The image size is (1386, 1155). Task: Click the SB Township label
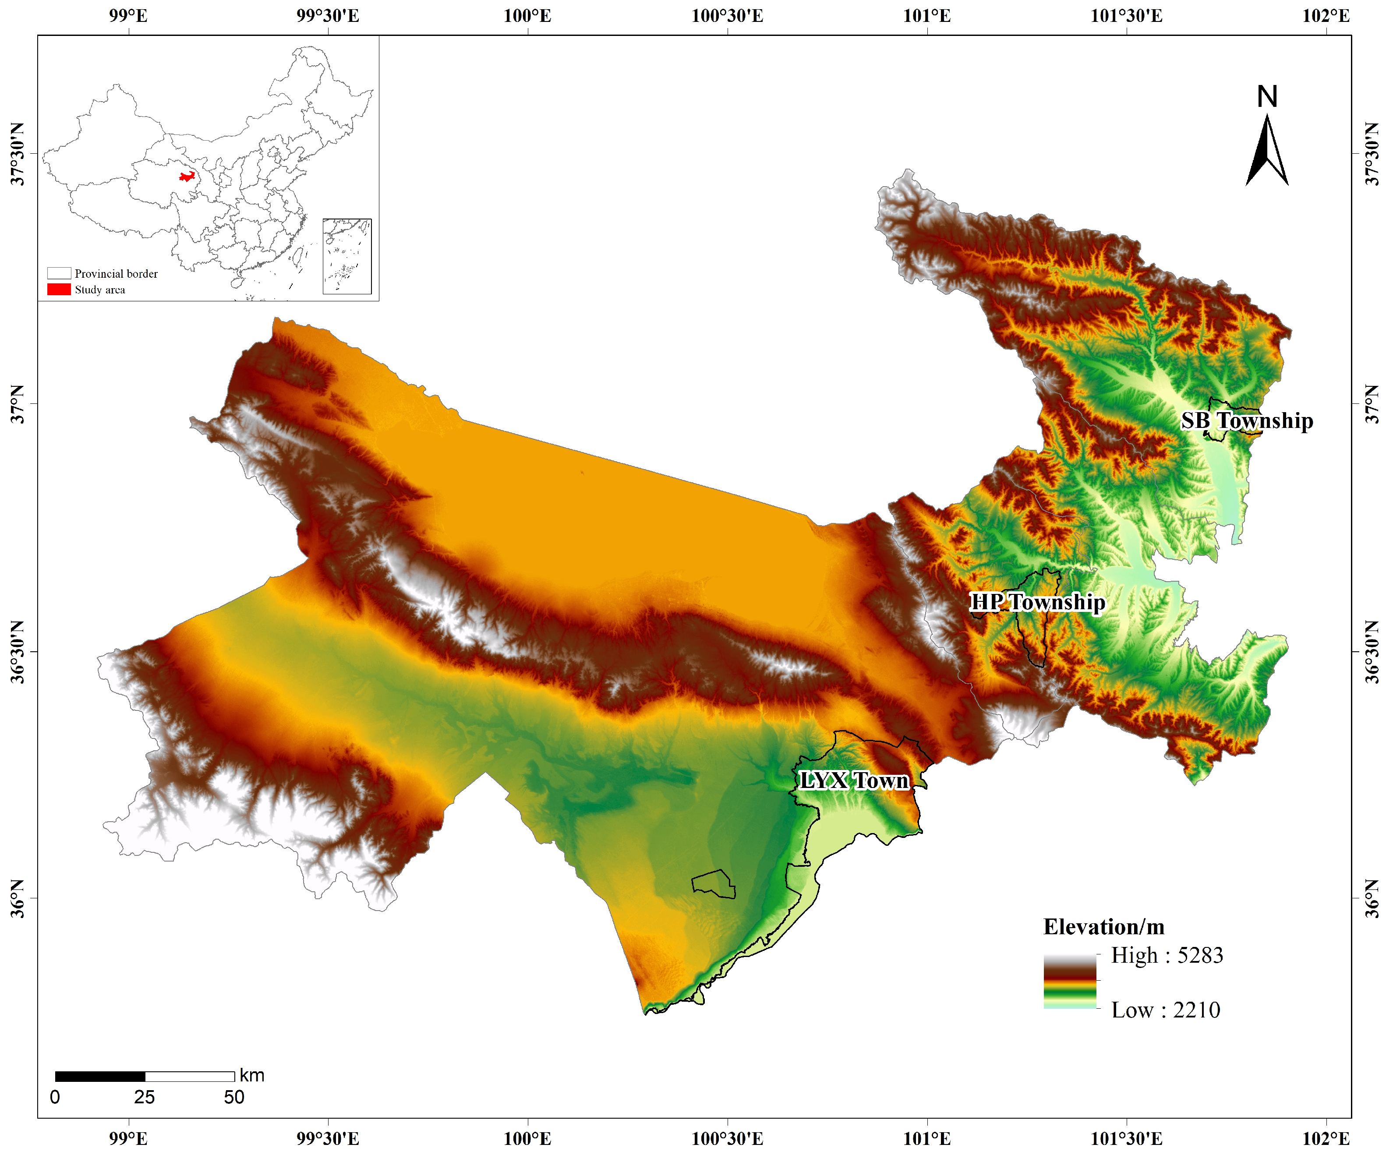click(x=1247, y=421)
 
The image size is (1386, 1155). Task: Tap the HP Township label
click(x=1037, y=602)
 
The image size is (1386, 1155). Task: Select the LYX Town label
click(x=854, y=781)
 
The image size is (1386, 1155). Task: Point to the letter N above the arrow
click(x=1266, y=97)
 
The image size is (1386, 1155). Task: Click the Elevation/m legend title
click(x=1103, y=927)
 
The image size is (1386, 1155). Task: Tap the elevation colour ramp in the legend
click(x=1070, y=982)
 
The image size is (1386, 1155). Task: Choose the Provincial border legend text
click(x=116, y=274)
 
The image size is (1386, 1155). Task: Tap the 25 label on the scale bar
click(x=145, y=1097)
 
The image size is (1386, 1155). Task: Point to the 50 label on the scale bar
click(x=234, y=1097)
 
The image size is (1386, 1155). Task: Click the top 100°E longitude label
click(x=527, y=15)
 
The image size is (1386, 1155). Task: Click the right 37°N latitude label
click(x=1372, y=403)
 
